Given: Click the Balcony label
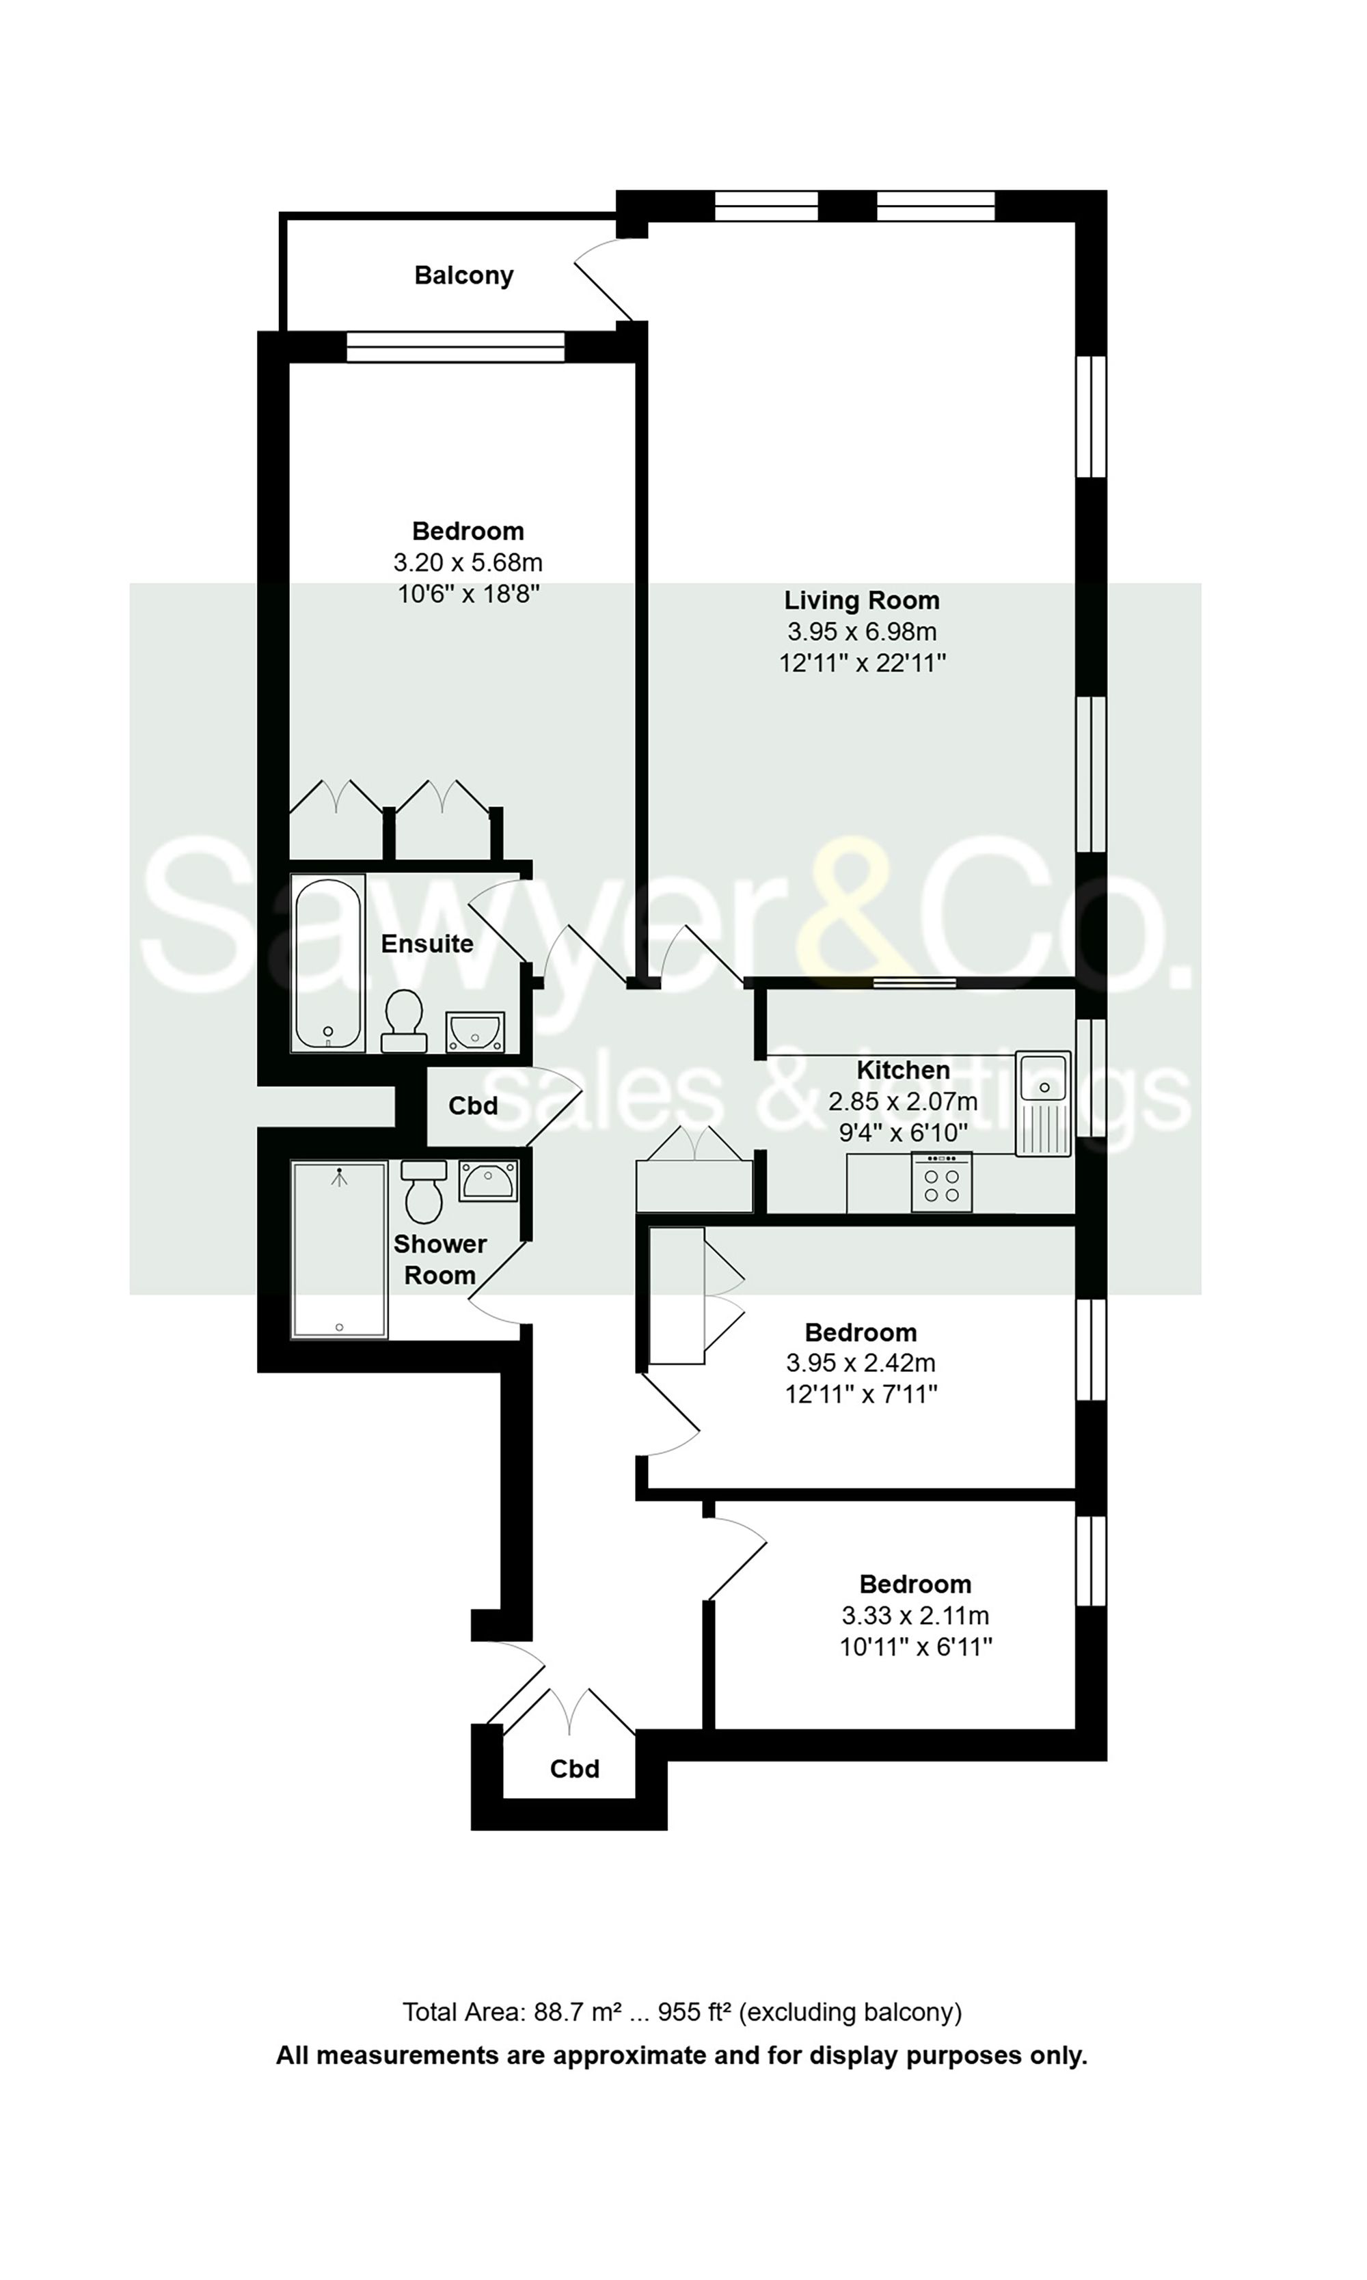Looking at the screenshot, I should (x=463, y=275).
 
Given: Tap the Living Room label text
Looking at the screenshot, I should (x=861, y=601).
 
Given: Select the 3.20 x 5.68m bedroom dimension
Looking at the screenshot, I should (x=468, y=562).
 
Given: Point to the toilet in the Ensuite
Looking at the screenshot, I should (x=403, y=1020).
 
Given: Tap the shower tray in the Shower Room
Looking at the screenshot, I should (x=339, y=1249).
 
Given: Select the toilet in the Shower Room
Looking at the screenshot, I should (x=424, y=1191).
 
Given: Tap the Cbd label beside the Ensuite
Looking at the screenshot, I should (x=472, y=1106).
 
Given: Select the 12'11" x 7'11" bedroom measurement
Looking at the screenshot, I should (x=861, y=1394).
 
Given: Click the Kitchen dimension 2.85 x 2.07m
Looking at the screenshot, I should (x=903, y=1101).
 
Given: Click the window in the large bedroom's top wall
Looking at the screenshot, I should (x=455, y=347).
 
